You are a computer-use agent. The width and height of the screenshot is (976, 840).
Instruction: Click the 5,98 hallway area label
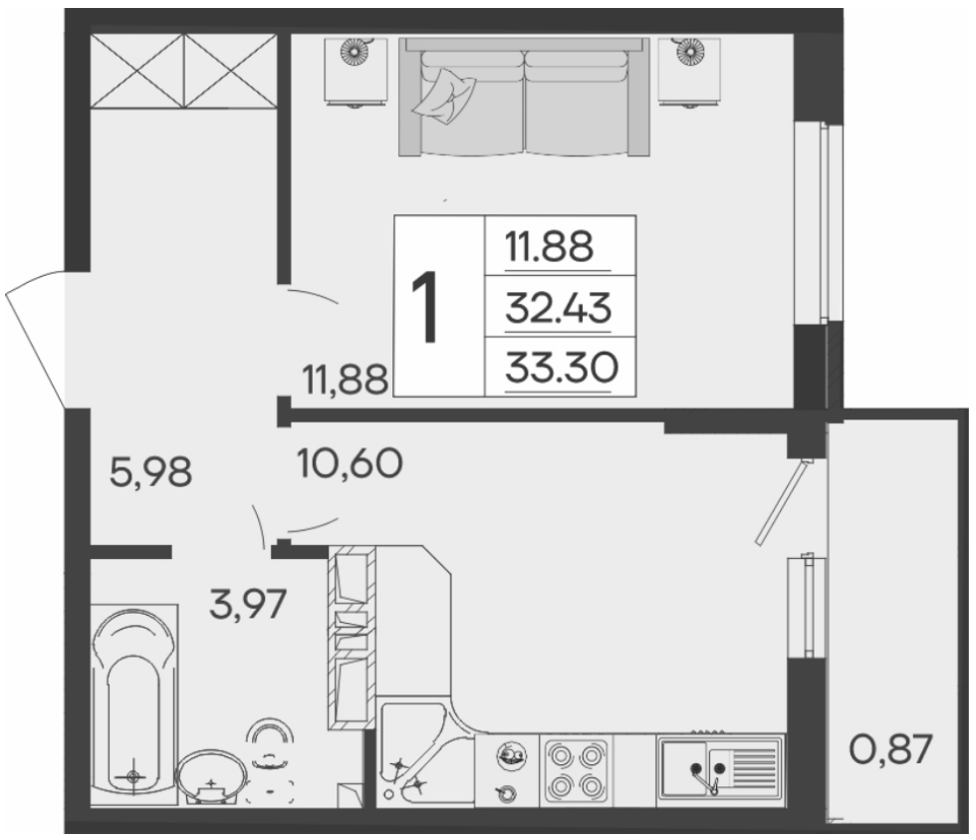tap(150, 471)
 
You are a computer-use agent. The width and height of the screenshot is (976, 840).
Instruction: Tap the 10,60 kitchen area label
tap(350, 463)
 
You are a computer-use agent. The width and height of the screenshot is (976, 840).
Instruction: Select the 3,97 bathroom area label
tap(248, 604)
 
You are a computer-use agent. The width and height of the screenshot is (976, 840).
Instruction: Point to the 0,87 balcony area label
tap(890, 748)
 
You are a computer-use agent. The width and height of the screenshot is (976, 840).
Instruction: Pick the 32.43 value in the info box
tap(559, 308)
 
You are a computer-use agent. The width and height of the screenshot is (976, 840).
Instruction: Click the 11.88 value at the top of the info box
tap(549, 246)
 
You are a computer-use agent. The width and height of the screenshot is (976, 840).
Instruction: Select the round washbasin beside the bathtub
tap(211, 776)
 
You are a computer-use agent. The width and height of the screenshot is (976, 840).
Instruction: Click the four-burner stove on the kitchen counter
tap(575, 769)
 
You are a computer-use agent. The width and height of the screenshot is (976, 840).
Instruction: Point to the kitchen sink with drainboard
tap(720, 767)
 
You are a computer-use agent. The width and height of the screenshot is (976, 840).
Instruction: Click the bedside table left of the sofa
tap(356, 72)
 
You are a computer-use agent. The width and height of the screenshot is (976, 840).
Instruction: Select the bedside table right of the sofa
tap(688, 72)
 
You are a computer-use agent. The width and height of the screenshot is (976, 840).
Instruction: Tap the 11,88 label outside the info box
tap(345, 380)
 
